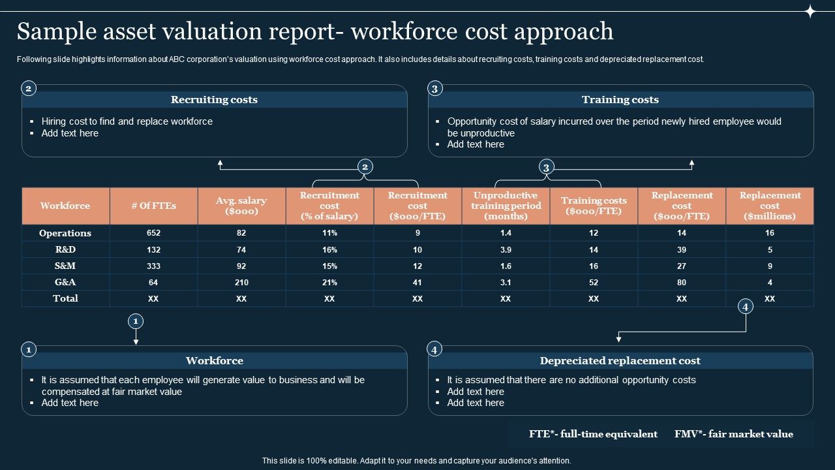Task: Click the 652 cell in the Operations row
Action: click(153, 233)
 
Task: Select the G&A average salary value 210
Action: click(241, 283)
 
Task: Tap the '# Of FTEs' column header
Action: click(153, 206)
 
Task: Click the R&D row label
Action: click(65, 249)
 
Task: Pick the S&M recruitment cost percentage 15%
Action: click(329, 266)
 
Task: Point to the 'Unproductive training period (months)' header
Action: click(506, 206)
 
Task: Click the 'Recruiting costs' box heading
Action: click(214, 100)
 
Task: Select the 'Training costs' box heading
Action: click(620, 100)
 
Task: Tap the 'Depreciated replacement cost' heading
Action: click(620, 361)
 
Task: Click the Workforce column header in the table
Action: click(65, 206)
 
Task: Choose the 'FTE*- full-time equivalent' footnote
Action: click(593, 434)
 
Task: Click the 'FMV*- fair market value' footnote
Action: click(734, 434)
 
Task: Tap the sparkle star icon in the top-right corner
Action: click(810, 11)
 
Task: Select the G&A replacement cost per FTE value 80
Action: click(682, 283)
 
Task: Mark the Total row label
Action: click(65, 298)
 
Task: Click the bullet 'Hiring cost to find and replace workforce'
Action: click(127, 121)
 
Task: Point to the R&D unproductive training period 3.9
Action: click(506, 250)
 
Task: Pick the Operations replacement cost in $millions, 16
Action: click(770, 233)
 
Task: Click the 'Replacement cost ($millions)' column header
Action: click(770, 206)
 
